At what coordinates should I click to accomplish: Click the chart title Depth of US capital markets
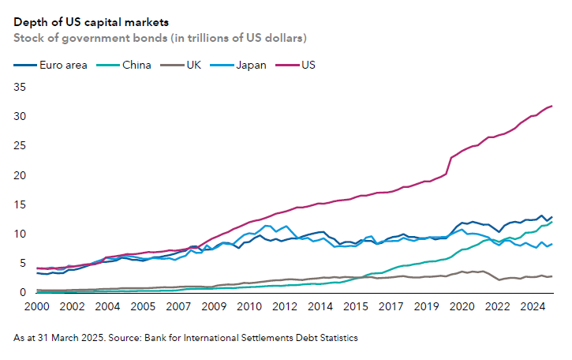pyautogui.click(x=92, y=21)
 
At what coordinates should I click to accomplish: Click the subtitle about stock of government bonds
pyautogui.click(x=160, y=37)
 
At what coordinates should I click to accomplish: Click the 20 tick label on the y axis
pyautogui.click(x=21, y=174)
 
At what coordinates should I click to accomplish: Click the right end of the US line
pyautogui.click(x=551, y=106)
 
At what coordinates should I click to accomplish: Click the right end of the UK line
pyautogui.click(x=551, y=276)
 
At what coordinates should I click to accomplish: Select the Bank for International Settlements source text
pyautogui.click(x=260, y=338)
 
